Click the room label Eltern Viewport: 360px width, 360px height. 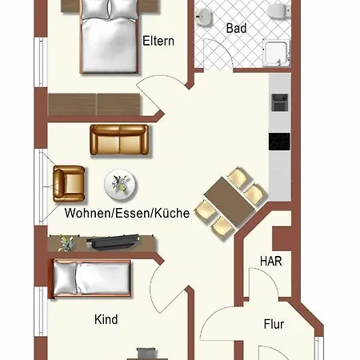158,41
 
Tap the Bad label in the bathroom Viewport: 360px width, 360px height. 236,28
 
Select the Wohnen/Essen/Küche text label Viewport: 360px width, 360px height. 126,214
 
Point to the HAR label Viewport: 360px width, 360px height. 270,261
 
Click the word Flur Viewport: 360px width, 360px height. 274,325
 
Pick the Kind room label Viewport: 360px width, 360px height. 106,319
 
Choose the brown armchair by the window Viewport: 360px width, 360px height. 69,183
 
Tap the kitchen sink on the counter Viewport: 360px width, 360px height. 280,102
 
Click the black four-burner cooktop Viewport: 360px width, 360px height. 280,142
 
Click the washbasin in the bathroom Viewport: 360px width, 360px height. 206,14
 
